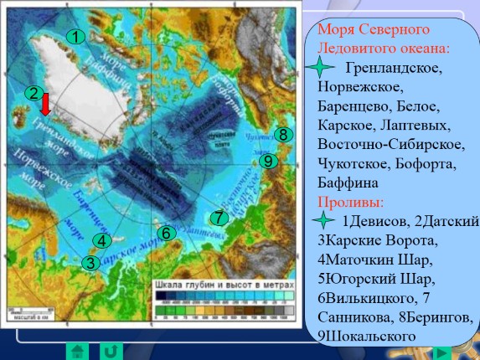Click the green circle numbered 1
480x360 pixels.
point(75,37)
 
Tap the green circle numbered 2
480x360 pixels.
point(34,93)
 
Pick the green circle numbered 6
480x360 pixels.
point(166,233)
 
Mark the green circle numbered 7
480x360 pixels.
point(219,218)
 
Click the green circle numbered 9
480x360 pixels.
point(268,161)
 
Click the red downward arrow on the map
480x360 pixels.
point(46,104)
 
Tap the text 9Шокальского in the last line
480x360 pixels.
point(366,336)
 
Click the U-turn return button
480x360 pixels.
point(108,350)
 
